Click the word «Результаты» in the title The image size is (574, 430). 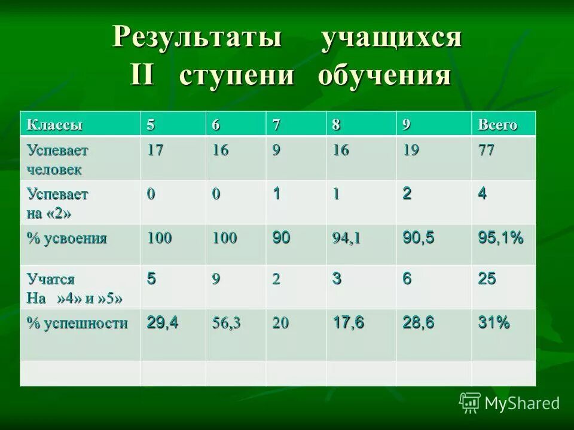coord(197,39)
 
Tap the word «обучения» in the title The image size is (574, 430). coord(383,76)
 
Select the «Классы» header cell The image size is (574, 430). coord(54,125)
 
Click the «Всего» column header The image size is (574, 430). coord(497,125)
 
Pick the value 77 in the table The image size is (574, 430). coord(486,150)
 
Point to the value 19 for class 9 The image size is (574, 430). coord(411,150)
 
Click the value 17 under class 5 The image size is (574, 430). coord(155,150)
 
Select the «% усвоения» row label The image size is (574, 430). coord(66,239)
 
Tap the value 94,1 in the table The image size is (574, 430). coord(347,239)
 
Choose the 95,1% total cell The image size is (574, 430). coord(500,238)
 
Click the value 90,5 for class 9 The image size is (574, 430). coord(419,238)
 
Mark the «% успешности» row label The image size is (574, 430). coord(77,324)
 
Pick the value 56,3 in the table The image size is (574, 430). coord(227,324)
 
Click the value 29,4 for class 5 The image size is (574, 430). coord(163,323)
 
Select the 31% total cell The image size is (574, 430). coord(494,323)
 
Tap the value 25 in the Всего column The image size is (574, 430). coord(487,279)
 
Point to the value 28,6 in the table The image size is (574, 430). coord(419,323)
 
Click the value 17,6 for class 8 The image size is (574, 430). coord(349,323)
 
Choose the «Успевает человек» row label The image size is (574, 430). coord(57,159)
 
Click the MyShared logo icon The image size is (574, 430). coord(470,403)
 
